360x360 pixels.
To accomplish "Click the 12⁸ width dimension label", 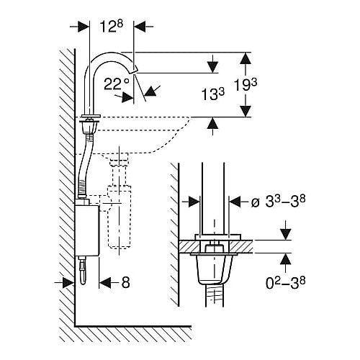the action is coord(111,26).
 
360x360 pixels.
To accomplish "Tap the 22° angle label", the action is coord(117,84).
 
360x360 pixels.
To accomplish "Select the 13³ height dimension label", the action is coord(212,94).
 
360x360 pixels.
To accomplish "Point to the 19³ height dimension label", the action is coord(246,85).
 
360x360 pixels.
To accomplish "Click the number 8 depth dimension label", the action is coord(125,282).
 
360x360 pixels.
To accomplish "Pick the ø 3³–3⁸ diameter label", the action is coord(278,202).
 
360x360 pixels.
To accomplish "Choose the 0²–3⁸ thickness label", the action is coord(285,283).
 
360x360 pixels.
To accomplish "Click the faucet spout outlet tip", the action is coord(134,70).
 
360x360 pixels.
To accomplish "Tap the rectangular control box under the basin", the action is coord(86,230).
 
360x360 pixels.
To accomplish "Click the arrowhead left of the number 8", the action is coord(105,282).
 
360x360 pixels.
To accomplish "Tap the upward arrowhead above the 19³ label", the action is coord(246,58).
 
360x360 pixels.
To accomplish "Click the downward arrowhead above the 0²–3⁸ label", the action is coord(285,234).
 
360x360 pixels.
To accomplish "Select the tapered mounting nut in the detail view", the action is coord(212,269).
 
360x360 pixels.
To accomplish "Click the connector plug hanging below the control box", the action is coord(83,271).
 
